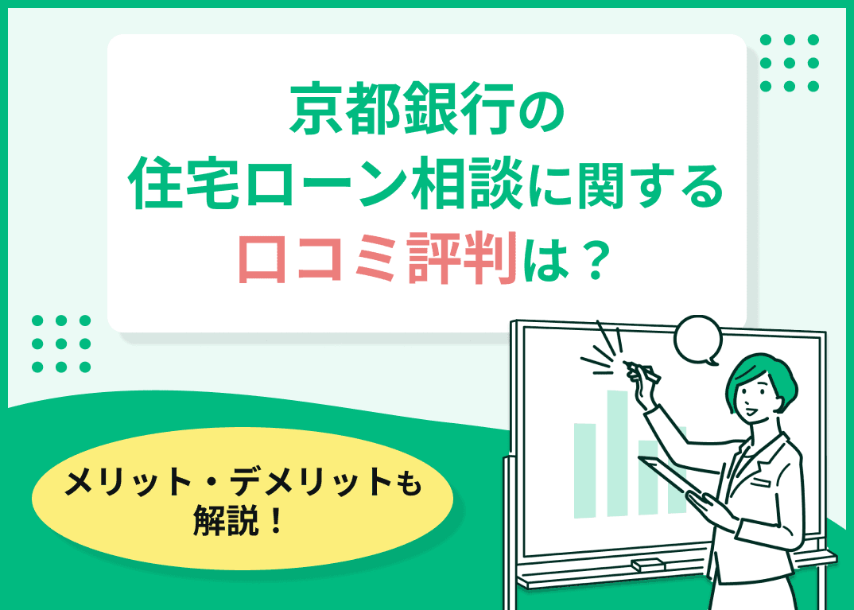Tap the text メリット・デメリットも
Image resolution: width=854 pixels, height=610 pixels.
click(243, 483)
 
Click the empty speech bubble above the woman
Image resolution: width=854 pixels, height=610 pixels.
click(697, 340)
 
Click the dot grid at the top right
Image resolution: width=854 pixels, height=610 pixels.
click(789, 63)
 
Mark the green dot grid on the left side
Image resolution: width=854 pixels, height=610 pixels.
click(61, 344)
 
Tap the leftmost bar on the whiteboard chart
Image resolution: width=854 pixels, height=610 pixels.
click(584, 469)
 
